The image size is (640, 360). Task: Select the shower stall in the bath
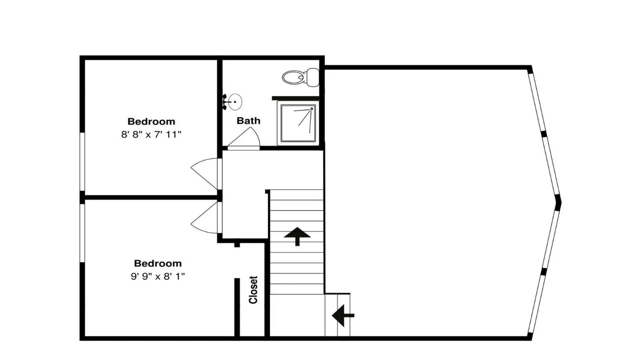[x=298, y=123]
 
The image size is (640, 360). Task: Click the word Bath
[x=248, y=121]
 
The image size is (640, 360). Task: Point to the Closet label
[x=253, y=290]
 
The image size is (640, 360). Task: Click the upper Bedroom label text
[x=151, y=121]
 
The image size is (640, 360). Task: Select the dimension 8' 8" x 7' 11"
[x=151, y=134]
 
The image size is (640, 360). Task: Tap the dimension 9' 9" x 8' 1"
[x=158, y=276]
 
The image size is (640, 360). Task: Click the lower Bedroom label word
[x=158, y=263]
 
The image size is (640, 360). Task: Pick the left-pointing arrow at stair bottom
[x=343, y=315]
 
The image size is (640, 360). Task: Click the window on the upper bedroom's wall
[x=82, y=162]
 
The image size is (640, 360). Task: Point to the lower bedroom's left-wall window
[x=82, y=233]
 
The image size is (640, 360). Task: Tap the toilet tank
[x=313, y=77]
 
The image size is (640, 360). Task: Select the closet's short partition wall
[x=237, y=307]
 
